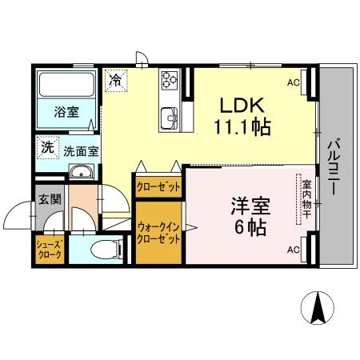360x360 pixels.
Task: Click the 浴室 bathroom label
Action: point(66,111)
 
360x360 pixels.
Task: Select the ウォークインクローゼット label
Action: point(158,234)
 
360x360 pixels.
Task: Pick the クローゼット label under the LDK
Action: point(158,186)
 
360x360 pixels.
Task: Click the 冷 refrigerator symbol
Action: point(116,80)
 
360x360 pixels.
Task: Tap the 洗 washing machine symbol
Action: point(48,147)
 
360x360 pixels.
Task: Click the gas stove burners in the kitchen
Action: point(170,78)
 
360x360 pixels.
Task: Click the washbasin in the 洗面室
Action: point(80,174)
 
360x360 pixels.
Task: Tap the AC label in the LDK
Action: point(294,82)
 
